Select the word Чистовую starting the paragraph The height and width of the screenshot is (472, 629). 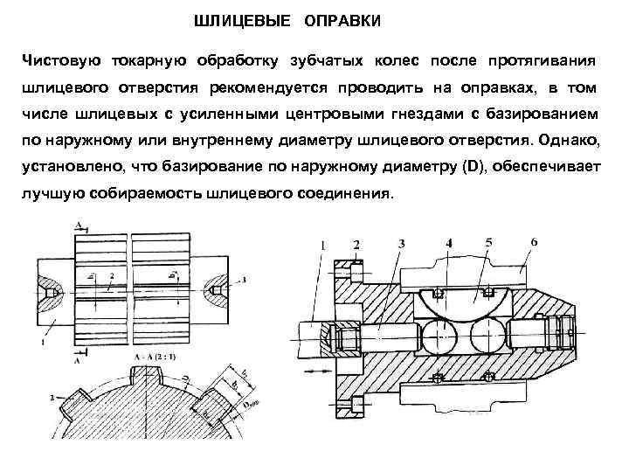point(61,60)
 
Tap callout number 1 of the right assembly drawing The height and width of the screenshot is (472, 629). point(324,246)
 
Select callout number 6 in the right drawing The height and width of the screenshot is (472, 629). point(534,240)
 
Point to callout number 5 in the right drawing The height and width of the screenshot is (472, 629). point(488,240)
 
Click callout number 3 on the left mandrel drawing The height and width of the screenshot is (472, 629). point(244,279)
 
